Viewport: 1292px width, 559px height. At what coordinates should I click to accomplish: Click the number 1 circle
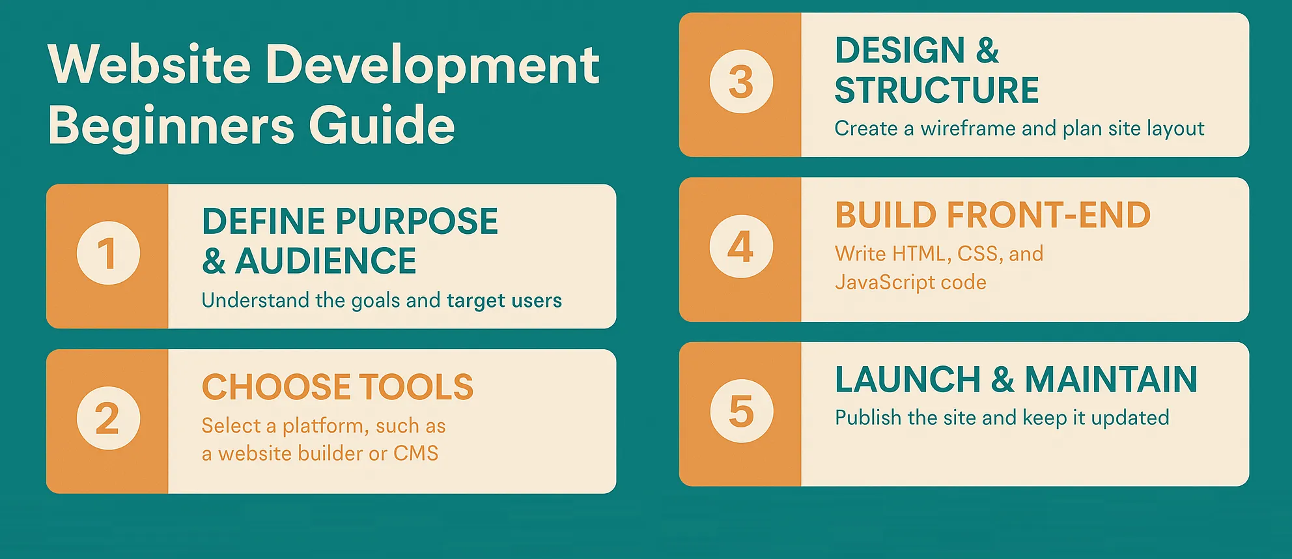click(108, 253)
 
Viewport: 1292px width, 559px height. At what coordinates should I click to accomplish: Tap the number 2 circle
click(108, 418)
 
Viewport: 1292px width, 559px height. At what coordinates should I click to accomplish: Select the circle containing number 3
click(741, 82)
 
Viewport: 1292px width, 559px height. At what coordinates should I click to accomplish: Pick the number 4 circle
click(741, 247)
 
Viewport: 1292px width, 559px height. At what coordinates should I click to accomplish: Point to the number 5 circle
click(741, 412)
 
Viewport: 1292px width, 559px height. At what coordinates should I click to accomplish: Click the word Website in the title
click(149, 64)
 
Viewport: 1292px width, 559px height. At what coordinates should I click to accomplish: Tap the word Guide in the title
click(382, 125)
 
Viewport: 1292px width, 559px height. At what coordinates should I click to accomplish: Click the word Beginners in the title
click(171, 125)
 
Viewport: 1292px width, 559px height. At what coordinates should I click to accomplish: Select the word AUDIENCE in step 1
click(326, 261)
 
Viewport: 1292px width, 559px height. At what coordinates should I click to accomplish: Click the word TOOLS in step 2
click(416, 387)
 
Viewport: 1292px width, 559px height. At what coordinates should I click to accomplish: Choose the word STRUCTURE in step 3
click(936, 90)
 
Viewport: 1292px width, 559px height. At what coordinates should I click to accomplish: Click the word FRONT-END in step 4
click(1048, 215)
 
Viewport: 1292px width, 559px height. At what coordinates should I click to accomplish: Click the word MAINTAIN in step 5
click(1111, 379)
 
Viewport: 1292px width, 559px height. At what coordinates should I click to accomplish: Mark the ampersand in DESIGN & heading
click(987, 51)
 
